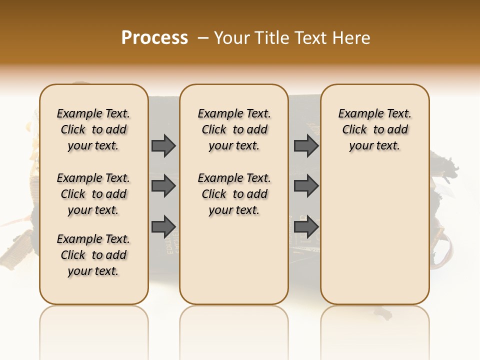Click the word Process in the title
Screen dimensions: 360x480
[x=154, y=38]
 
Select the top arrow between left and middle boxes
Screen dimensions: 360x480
[x=163, y=145]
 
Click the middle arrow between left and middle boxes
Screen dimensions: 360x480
[x=163, y=186]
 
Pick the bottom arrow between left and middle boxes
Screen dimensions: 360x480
[x=163, y=226]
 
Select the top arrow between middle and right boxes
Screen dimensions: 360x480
[x=306, y=145]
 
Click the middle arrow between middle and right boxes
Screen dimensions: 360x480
[x=306, y=186]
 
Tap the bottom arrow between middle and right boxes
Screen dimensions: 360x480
[x=306, y=226]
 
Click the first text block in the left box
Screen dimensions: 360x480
[x=93, y=129]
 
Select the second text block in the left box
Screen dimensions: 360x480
[x=93, y=194]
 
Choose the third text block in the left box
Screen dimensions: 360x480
[x=93, y=255]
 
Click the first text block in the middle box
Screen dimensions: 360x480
[x=234, y=129]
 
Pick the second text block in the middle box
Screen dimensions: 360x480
[x=234, y=194]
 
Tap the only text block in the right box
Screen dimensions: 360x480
[x=375, y=129]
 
